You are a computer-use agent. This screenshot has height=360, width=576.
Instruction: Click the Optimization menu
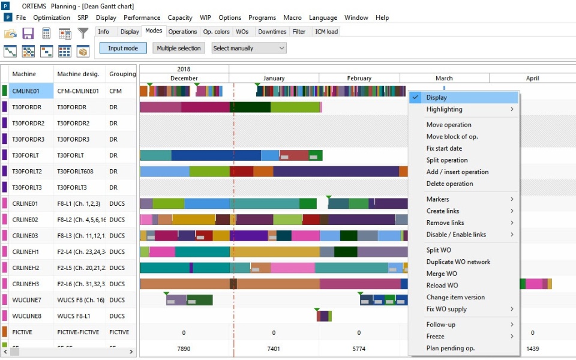pos(52,17)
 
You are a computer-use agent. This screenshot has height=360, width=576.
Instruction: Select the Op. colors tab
pos(216,31)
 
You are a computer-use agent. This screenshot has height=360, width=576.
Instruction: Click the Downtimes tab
pos(272,31)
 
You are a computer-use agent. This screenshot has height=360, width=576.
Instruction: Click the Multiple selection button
pos(179,48)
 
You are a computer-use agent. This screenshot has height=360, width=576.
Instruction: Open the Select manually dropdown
pos(249,48)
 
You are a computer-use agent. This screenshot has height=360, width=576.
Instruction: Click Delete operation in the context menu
pos(450,184)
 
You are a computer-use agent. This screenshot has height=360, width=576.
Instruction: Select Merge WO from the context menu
pos(442,274)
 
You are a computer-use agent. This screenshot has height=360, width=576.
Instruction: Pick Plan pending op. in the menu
pos(451,348)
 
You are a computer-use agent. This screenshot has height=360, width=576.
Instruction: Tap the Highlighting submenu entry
pos(445,109)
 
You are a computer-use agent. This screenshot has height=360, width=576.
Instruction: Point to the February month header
pos(359,78)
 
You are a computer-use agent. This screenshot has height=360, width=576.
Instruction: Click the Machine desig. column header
pos(78,74)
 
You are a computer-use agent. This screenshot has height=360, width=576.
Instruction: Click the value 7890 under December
pos(184,349)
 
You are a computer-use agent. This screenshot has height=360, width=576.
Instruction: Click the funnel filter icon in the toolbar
pos(83,33)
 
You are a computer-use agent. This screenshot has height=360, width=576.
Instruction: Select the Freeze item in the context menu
pos(436,337)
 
